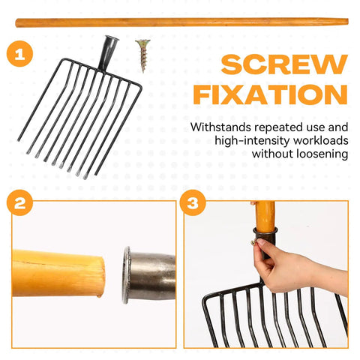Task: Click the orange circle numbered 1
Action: (19, 54)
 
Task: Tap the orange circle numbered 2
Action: (19, 202)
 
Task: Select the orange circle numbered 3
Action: (193, 202)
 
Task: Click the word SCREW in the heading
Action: (284, 64)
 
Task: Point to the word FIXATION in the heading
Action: (271, 94)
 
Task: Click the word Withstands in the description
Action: (220, 127)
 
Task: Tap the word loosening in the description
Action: (322, 154)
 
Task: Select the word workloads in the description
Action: (321, 140)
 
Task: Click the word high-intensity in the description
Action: (253, 141)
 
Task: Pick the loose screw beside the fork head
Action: (143, 55)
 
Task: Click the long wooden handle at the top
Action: (181, 22)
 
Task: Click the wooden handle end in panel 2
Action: (58, 273)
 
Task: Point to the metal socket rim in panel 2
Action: (127, 274)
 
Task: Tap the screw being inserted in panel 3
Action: (254, 242)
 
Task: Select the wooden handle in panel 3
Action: (265, 215)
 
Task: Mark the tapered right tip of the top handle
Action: (348, 22)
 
